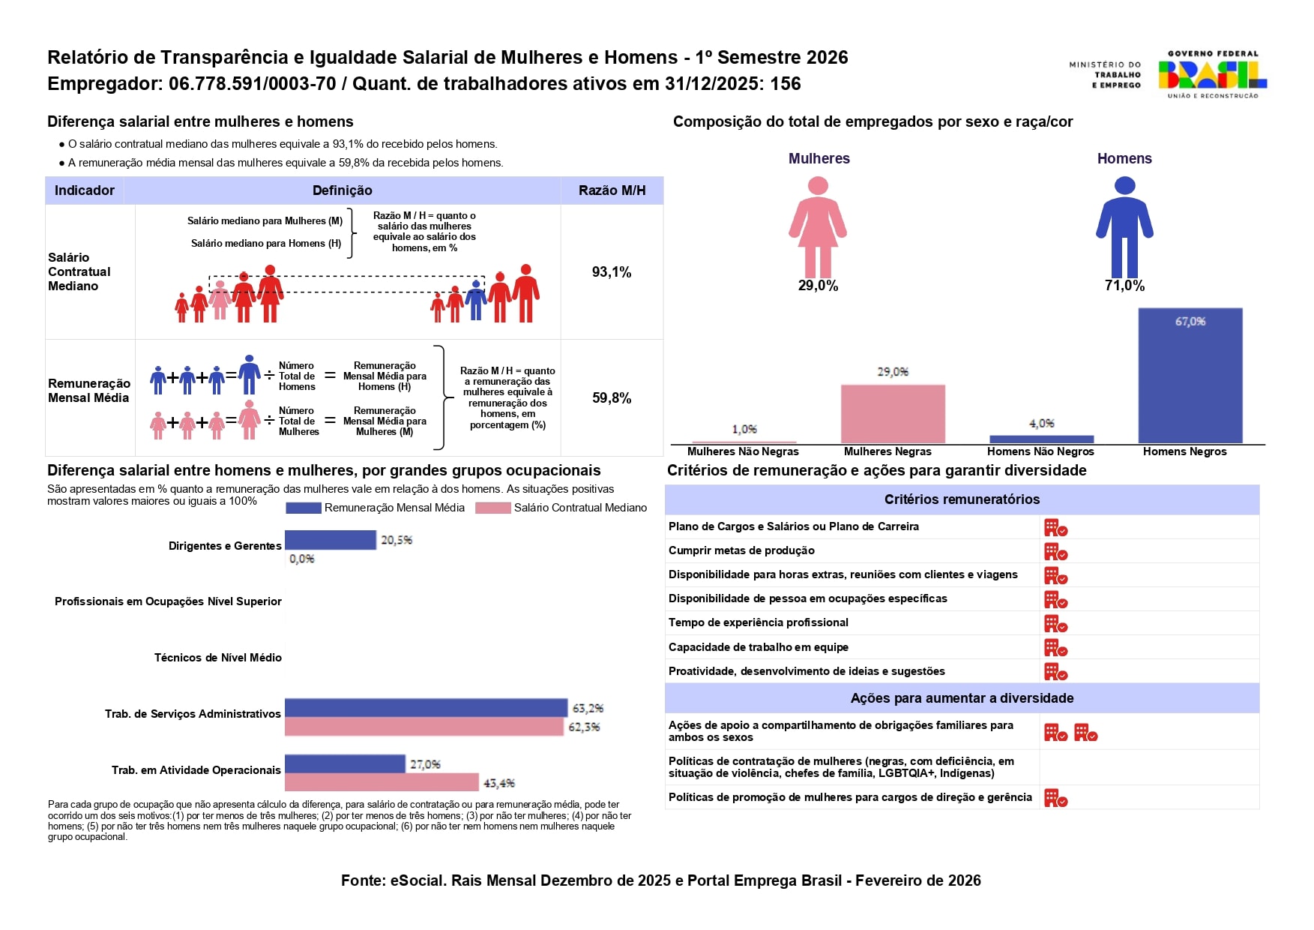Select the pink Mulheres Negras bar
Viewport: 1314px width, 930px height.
[x=892, y=413]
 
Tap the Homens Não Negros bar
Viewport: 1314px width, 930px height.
[x=1041, y=439]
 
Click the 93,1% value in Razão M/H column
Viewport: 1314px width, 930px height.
[x=612, y=272]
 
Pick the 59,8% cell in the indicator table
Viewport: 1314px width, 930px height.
[x=612, y=398]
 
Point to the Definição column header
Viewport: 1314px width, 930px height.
[x=342, y=190]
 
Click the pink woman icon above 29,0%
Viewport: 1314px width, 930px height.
[x=818, y=226]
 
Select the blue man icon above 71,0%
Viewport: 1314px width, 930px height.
[x=1124, y=226]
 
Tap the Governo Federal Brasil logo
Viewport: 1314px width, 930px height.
[x=1212, y=74]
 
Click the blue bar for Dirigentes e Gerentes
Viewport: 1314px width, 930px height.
[x=330, y=540]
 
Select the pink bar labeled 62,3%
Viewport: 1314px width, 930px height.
[x=424, y=727]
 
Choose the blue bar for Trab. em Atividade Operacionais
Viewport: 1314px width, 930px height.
[x=345, y=763]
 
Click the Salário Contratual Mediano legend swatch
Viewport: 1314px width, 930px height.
[x=492, y=508]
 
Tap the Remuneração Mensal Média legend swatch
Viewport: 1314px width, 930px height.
[x=303, y=508]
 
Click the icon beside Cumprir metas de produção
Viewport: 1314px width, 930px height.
[x=1055, y=552]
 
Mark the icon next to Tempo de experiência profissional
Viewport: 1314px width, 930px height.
[x=1055, y=624]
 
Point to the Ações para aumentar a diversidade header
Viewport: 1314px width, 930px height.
[x=962, y=698]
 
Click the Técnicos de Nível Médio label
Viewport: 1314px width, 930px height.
[x=217, y=658]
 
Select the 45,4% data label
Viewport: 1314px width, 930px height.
[x=498, y=783]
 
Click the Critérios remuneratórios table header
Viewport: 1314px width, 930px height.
[x=962, y=499]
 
